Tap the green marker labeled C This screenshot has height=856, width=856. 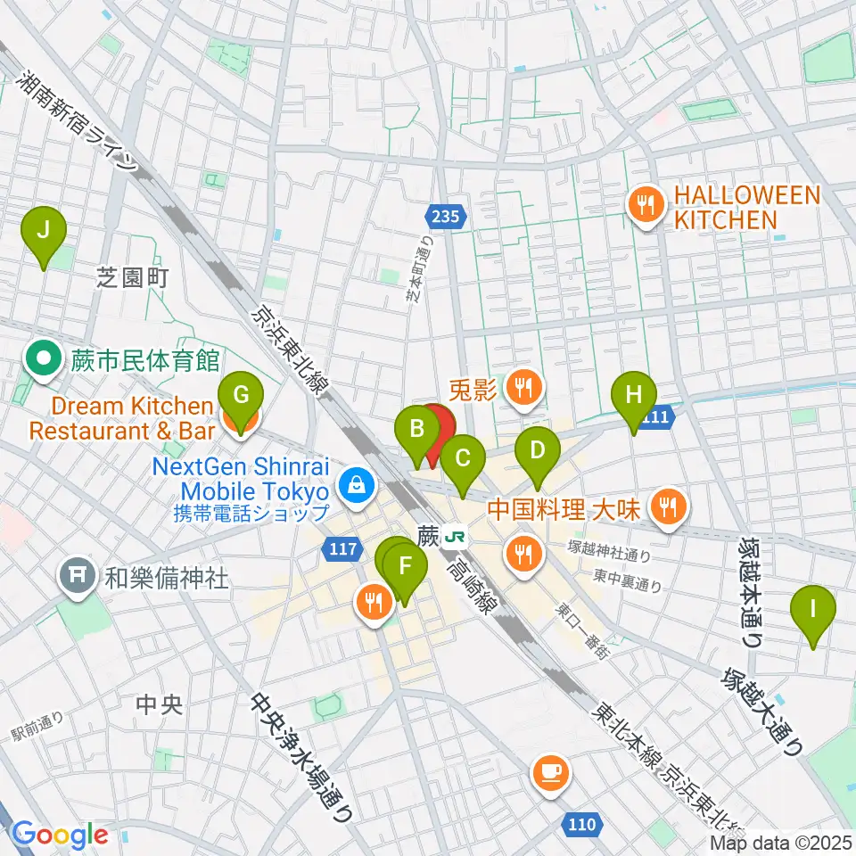click(x=463, y=460)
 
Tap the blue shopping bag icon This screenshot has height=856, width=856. click(x=356, y=486)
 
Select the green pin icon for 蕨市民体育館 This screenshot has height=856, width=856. click(x=42, y=361)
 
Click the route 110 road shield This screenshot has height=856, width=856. click(x=581, y=825)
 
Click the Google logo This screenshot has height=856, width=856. click(x=61, y=835)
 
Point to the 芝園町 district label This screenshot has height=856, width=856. click(x=132, y=278)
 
